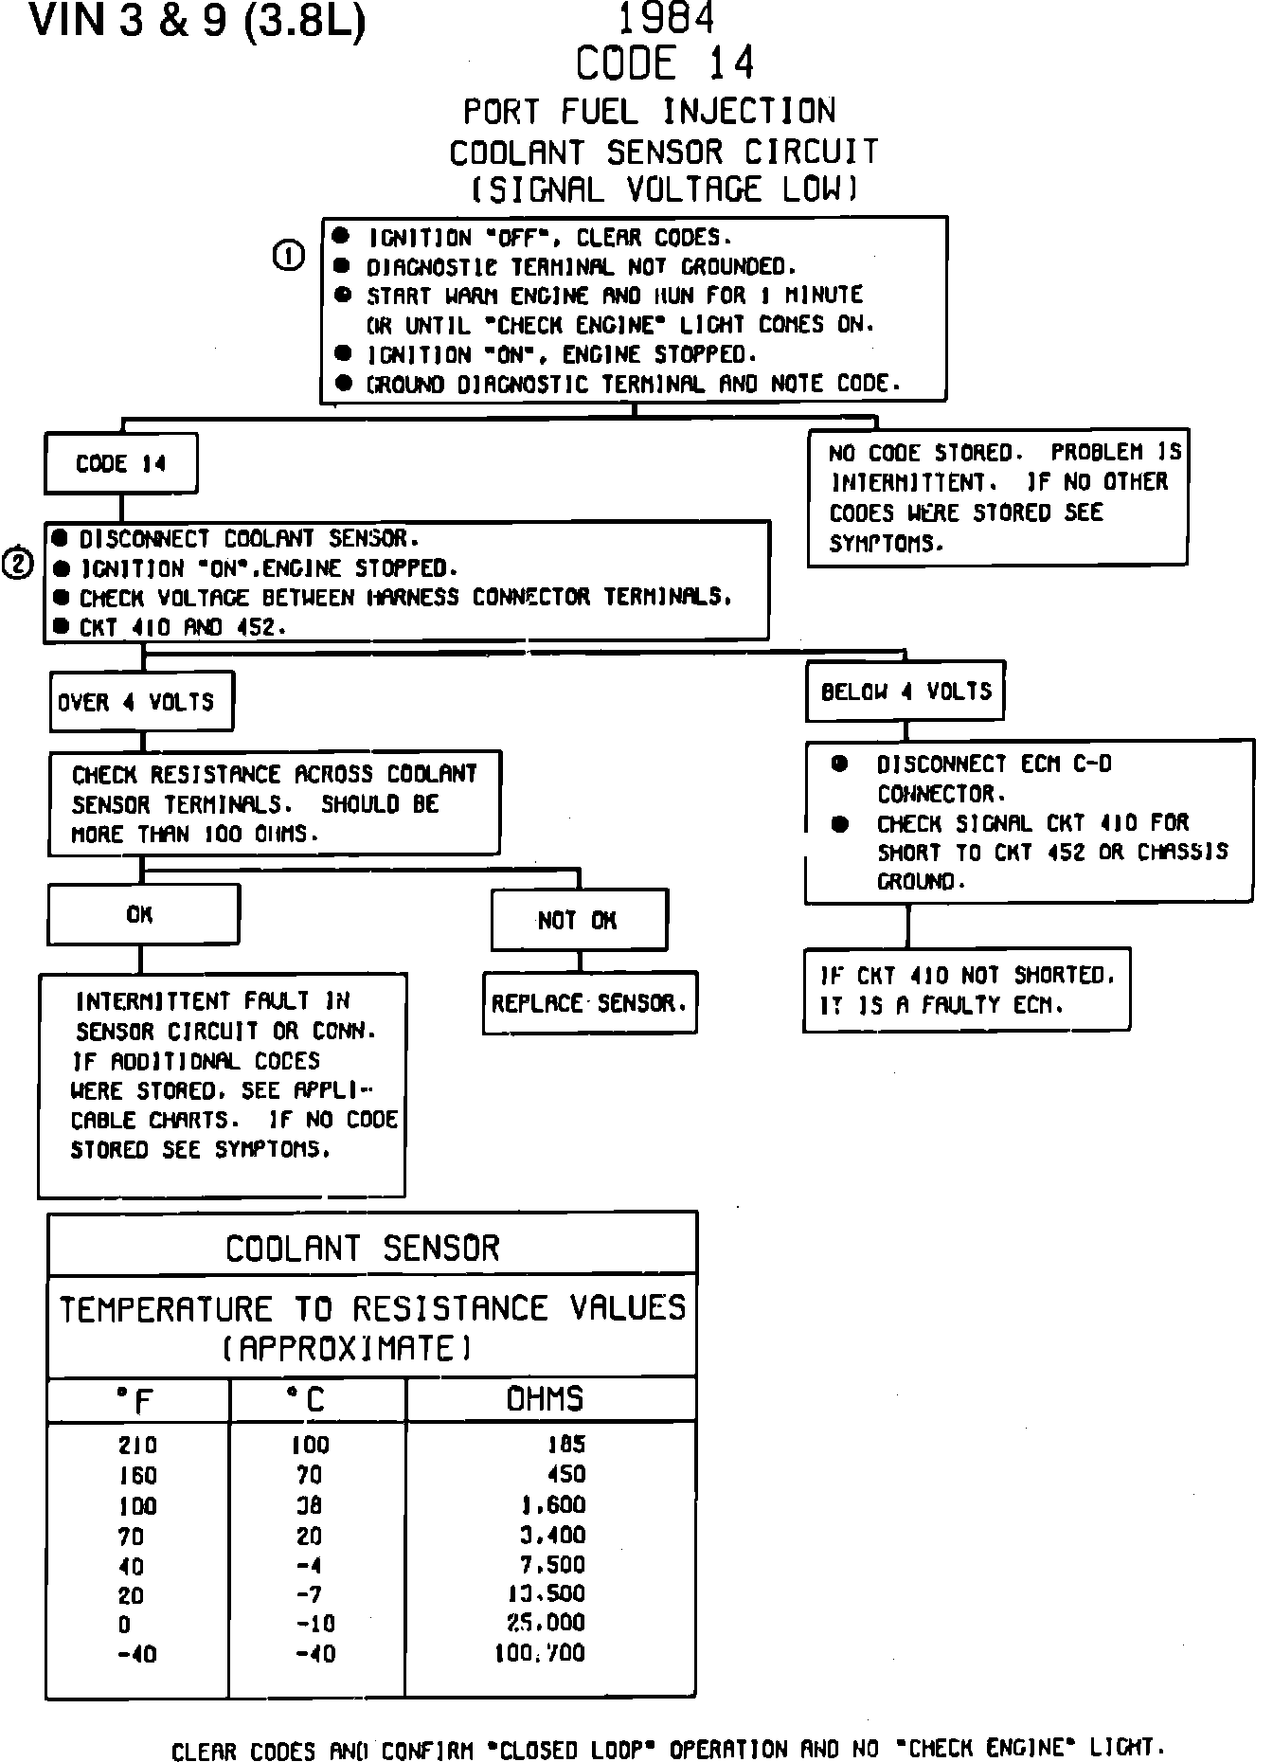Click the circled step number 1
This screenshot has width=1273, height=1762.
tap(288, 256)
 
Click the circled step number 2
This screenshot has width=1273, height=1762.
tap(19, 564)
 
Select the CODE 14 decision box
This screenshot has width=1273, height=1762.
tap(121, 464)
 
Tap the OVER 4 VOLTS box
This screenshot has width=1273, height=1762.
tap(141, 702)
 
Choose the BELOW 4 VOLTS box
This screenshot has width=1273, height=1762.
tap(905, 692)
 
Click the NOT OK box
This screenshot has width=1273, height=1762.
tap(578, 920)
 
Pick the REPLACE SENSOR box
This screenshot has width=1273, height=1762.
tap(589, 1002)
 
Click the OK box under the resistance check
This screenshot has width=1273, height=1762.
tap(142, 914)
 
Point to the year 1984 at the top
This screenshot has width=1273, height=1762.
tap(666, 19)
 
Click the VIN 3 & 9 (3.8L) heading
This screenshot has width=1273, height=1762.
tap(198, 23)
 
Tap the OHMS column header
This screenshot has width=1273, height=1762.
tap(546, 1399)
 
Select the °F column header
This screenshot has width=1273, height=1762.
tap(138, 1400)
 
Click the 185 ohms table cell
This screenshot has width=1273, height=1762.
tap(566, 1445)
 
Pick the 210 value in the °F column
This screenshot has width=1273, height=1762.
tap(138, 1446)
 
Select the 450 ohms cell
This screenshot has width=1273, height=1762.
tap(566, 1475)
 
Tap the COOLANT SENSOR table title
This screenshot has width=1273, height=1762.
tap(362, 1249)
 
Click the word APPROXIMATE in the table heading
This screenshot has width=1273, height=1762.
tap(347, 1348)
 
